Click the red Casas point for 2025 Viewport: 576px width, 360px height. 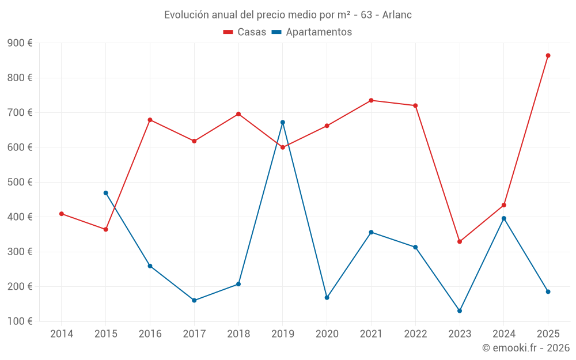[548, 56]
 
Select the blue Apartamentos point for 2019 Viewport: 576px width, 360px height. [283, 122]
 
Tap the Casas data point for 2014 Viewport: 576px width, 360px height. [62, 214]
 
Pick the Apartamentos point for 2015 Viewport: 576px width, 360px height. [106, 193]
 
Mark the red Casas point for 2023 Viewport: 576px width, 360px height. [460, 242]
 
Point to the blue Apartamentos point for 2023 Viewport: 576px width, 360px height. [460, 311]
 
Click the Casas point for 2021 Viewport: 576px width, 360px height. [371, 100]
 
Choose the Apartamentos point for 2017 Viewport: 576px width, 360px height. [194, 301]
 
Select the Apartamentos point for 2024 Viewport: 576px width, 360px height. [504, 218]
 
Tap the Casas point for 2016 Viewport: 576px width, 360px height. [150, 120]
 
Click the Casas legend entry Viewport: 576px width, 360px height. [245, 32]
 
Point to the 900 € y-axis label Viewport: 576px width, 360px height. [20, 43]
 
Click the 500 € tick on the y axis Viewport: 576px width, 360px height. [20, 182]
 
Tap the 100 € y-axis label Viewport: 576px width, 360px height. [20, 321]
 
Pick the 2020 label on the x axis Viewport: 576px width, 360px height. [327, 334]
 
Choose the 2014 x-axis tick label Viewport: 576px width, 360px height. [62, 334]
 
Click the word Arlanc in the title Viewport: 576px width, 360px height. [397, 15]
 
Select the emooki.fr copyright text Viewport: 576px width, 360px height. [525, 348]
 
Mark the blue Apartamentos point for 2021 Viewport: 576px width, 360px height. [371, 232]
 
